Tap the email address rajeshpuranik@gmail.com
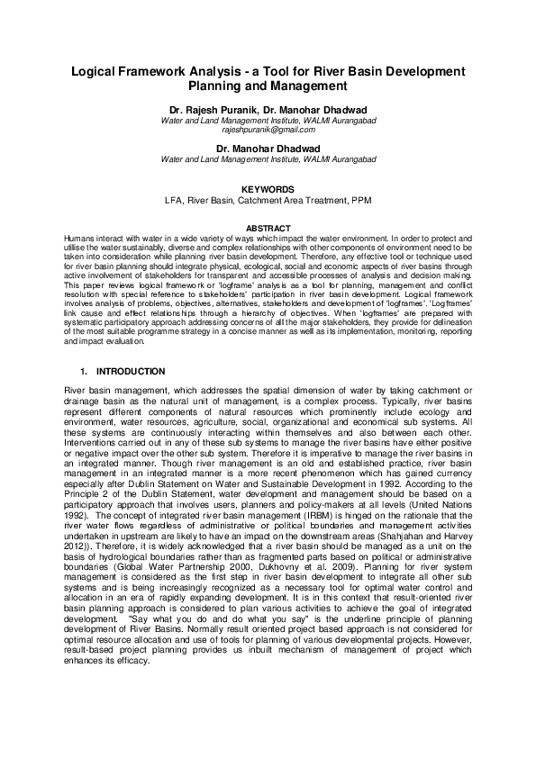coord(268,130)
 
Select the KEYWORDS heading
coord(268,189)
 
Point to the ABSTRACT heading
coord(268,228)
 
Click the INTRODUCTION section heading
coord(131,372)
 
